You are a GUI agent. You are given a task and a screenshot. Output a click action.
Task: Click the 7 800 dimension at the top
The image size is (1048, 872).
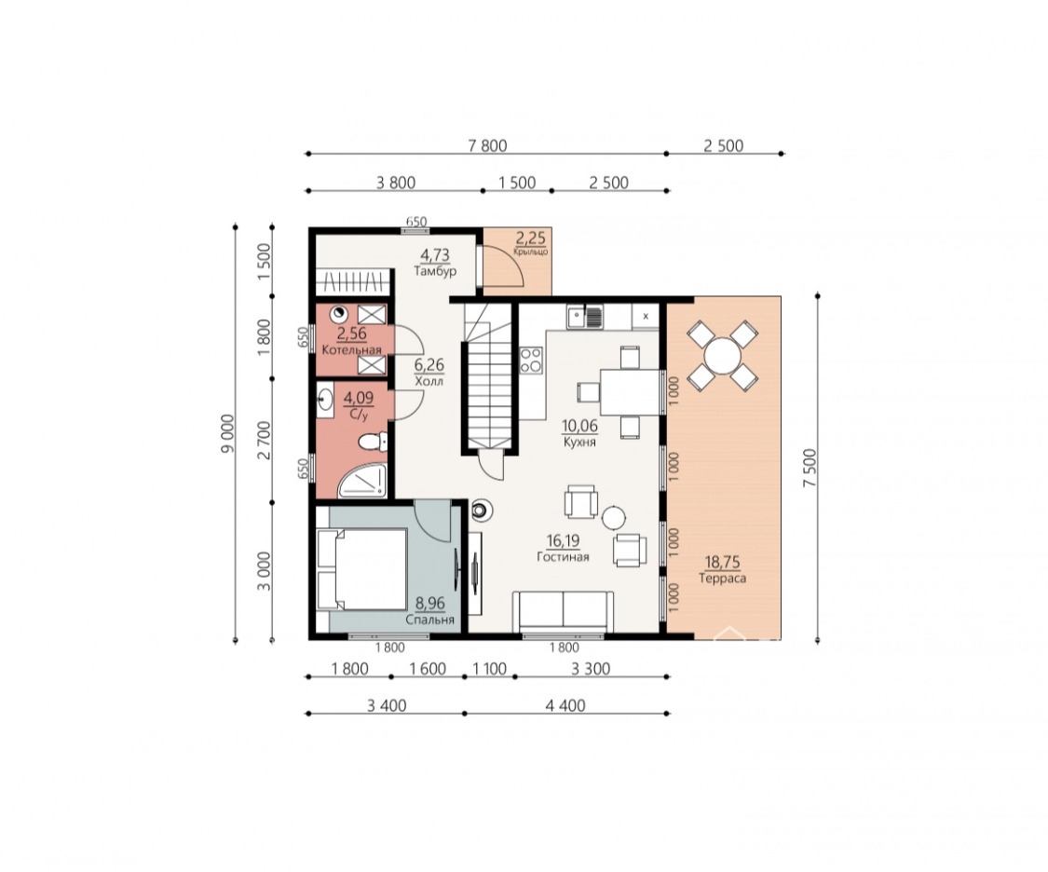[x=487, y=145]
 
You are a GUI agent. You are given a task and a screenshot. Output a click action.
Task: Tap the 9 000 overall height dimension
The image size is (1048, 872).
[x=228, y=434]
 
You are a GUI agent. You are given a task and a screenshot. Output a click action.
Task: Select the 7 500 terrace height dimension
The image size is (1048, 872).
[x=810, y=468]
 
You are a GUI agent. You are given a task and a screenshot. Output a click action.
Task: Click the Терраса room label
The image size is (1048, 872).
[x=722, y=579]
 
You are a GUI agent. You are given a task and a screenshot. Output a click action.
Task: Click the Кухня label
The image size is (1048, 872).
[x=579, y=442]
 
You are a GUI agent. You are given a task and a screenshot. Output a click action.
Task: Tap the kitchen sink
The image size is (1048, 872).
[x=584, y=316]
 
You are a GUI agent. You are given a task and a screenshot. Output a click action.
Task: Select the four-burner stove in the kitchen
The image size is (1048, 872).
[x=531, y=361]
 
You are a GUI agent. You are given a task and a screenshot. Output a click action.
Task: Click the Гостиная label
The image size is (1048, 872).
[x=563, y=556]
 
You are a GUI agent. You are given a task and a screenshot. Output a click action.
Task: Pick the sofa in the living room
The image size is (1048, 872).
[x=563, y=611]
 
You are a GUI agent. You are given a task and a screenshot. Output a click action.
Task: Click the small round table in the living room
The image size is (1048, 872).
[x=613, y=518]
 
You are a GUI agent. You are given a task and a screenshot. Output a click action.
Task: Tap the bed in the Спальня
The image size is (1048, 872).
[x=361, y=569]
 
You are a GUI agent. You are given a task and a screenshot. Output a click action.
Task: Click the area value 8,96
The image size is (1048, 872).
[x=429, y=604]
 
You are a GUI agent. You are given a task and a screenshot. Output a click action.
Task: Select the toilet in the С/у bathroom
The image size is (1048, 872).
[x=373, y=442]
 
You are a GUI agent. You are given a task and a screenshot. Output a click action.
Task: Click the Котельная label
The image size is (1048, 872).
[x=351, y=350]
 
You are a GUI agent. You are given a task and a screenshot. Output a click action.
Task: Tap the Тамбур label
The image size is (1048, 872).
[x=435, y=271]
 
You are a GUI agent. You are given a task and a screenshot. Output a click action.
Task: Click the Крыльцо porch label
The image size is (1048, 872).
[x=531, y=252]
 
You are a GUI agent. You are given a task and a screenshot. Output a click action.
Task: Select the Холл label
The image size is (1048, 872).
[x=429, y=382]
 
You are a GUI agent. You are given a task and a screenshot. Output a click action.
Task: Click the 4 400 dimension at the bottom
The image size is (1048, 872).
[x=565, y=705]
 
